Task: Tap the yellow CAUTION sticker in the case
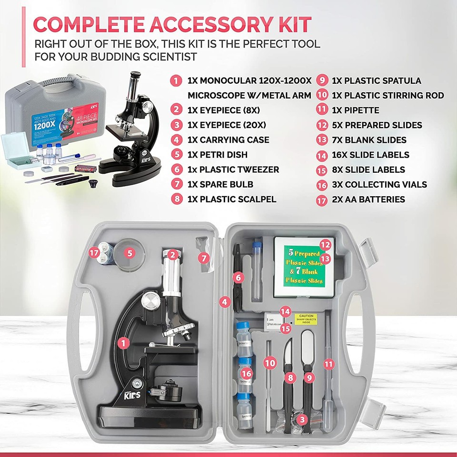click(x=307, y=319)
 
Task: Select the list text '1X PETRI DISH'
click(x=218, y=155)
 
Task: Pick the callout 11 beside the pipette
click(x=328, y=364)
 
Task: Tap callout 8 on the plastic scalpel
click(x=289, y=377)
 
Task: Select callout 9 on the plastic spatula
click(x=309, y=377)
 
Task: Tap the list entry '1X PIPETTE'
click(x=355, y=110)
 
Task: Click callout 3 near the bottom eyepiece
click(x=301, y=419)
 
